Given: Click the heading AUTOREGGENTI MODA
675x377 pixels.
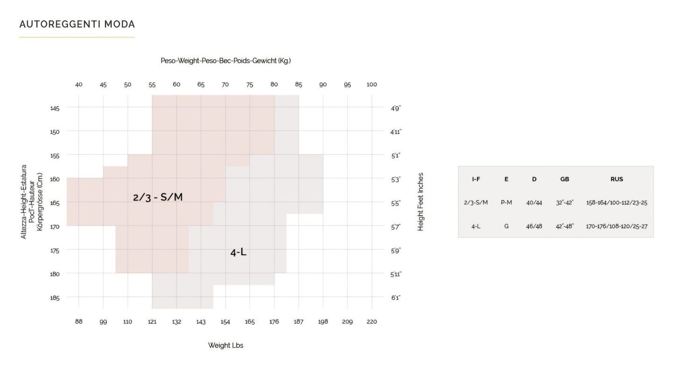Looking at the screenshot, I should pyautogui.click(x=77, y=24).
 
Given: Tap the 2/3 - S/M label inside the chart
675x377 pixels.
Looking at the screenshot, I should pyautogui.click(x=158, y=197).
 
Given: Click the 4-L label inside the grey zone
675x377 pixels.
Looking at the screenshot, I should pyautogui.click(x=238, y=252).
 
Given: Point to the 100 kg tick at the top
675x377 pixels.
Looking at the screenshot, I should pyautogui.click(x=372, y=85).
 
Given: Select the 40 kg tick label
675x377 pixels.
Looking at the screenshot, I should pyautogui.click(x=78, y=85).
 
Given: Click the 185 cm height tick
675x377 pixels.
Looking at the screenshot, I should pyautogui.click(x=55, y=298).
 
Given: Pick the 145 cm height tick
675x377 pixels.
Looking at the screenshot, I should pyautogui.click(x=55, y=108).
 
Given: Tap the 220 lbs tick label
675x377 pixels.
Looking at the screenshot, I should pyautogui.click(x=372, y=322).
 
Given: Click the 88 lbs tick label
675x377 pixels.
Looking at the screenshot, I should pyautogui.click(x=78, y=322).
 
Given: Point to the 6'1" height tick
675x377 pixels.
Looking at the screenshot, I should pyautogui.click(x=396, y=298).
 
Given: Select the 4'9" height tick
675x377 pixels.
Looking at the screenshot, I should pyautogui.click(x=396, y=108).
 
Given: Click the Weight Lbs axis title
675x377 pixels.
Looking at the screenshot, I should pyautogui.click(x=226, y=346).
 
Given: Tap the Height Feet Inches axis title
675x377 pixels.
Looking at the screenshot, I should pyautogui.click(x=420, y=202).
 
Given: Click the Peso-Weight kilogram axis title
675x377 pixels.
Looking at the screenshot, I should pyautogui.click(x=226, y=61).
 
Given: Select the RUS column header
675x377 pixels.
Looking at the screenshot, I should pyautogui.click(x=617, y=179).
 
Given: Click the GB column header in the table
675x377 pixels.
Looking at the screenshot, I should pyautogui.click(x=564, y=179).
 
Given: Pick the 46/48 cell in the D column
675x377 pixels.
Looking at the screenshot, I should pyautogui.click(x=534, y=226).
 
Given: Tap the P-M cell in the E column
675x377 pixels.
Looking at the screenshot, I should pyautogui.click(x=506, y=203).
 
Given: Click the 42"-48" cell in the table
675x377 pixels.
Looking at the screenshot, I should pyautogui.click(x=564, y=226).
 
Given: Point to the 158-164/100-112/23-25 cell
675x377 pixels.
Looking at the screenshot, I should pyautogui.click(x=617, y=203).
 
